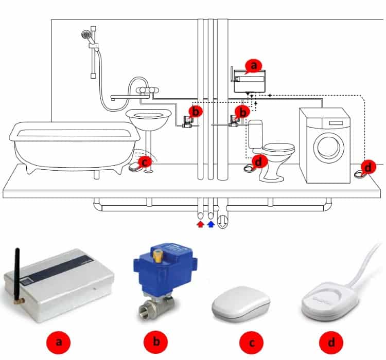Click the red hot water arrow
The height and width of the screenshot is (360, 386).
pyautogui.click(x=201, y=224)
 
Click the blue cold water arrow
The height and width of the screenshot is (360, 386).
pyautogui.click(x=210, y=224)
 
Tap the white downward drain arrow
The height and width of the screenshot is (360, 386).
pyautogui.click(x=223, y=222)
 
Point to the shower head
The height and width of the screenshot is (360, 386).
pyautogui.click(x=86, y=34)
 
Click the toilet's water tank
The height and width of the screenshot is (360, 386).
pyautogui.click(x=255, y=134)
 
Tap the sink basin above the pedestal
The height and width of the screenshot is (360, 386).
pyautogui.click(x=148, y=120)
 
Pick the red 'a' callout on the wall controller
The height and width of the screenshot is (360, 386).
pyautogui.click(x=254, y=66)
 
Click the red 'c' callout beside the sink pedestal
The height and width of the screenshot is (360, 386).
pyautogui.click(x=145, y=162)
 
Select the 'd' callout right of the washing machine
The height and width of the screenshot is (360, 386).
pyautogui.click(x=368, y=167)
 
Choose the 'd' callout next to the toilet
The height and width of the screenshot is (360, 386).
pyautogui.click(x=258, y=162)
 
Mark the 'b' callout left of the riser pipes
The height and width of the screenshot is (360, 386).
pyautogui.click(x=195, y=112)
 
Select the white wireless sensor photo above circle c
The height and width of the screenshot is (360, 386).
pyautogui.click(x=241, y=303)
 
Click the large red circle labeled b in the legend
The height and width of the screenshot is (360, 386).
pyautogui.click(x=156, y=343)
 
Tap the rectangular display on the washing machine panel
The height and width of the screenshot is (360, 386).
pyautogui.click(x=336, y=123)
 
